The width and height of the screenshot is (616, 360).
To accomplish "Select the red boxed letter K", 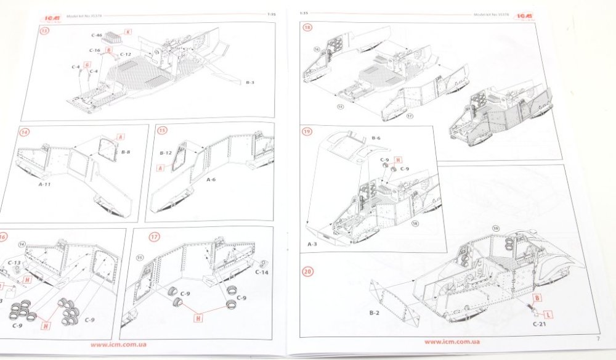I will pos(129,31).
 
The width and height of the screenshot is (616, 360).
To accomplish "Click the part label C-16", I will pos(94,51).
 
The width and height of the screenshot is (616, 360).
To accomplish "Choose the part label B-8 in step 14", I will pos(126,151).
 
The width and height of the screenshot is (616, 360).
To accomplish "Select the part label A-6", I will pos(211,179).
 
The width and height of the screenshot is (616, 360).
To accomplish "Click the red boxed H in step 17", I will pos(198,318).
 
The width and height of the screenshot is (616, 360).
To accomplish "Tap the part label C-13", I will pos(14,263).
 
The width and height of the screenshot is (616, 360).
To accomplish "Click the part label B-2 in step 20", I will pos(374,313).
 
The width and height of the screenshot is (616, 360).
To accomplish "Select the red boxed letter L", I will pos(548,314).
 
